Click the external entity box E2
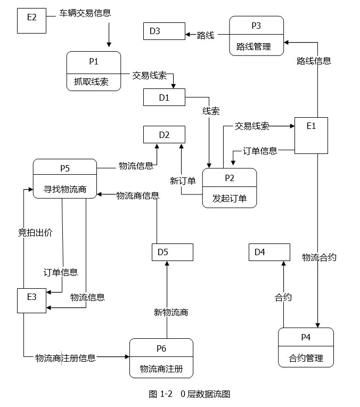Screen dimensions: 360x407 [x=31, y=21]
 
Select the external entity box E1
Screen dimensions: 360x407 [x=311, y=135]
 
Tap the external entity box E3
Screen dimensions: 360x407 [x=31, y=300]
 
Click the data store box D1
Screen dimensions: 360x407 [x=165, y=97]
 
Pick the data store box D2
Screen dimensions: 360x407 [x=165, y=134]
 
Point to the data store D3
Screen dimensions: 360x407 [x=165, y=31]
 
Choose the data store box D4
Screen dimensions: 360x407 [x=269, y=252]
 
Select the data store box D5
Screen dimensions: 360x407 [x=173, y=252]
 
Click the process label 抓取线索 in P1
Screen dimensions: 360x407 [x=91, y=82]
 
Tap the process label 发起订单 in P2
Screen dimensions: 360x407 [x=230, y=198]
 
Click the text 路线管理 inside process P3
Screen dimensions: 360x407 [x=253, y=47]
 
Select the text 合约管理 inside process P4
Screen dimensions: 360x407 [x=306, y=358]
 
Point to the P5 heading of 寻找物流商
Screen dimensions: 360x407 [x=65, y=168]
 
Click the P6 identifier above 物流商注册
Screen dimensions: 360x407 [x=161, y=348]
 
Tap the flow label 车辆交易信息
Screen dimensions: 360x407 [x=85, y=13]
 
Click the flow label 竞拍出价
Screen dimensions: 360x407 [x=35, y=233]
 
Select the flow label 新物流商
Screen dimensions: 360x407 [x=171, y=313]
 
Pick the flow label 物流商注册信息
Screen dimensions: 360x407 [x=66, y=358]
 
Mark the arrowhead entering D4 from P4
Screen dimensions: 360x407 [x=283, y=263]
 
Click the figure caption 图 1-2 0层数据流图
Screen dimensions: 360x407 [x=190, y=394]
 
